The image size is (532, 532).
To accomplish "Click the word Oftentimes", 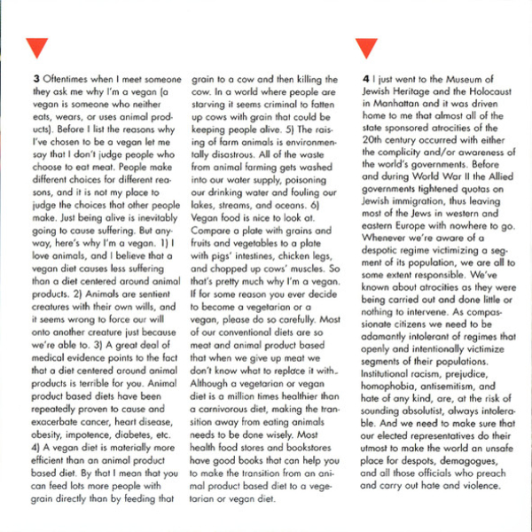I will coord(69,78).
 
